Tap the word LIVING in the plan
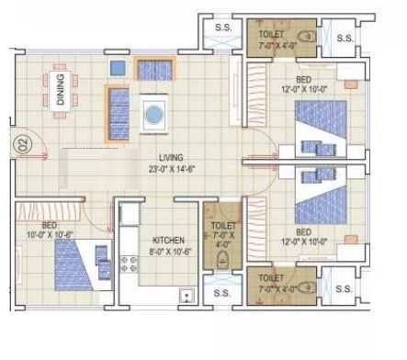coord(170,157)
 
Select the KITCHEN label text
coord(167,238)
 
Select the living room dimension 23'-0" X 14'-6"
coord(170,167)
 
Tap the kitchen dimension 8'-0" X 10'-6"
coord(167,250)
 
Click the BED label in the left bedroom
coord(51,224)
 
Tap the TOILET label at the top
coord(272,34)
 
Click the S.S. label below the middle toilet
coord(221,294)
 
